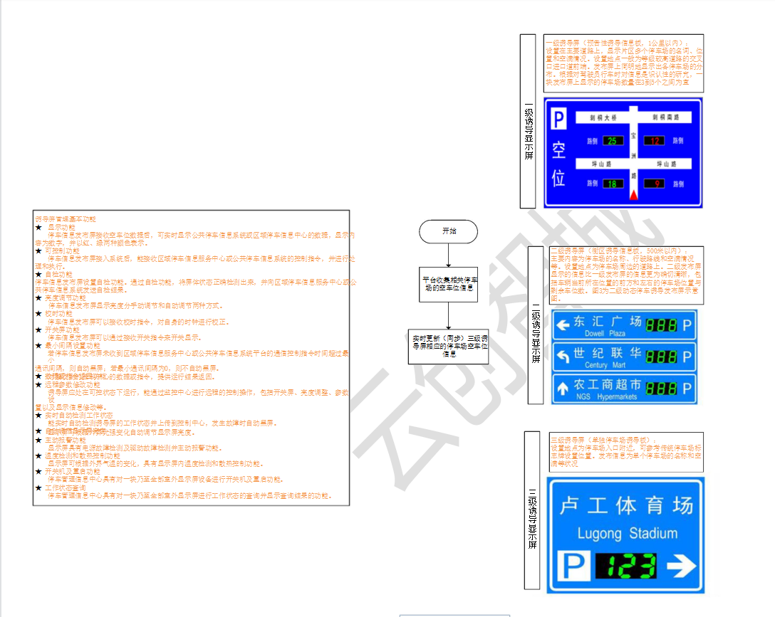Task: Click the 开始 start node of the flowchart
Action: (448, 231)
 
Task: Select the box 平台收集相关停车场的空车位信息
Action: (449, 284)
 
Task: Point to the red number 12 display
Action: (654, 141)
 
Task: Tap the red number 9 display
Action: (654, 184)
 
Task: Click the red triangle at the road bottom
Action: (633, 194)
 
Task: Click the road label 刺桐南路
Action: (665, 117)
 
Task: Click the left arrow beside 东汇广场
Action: (563, 325)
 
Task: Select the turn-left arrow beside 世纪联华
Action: (563, 356)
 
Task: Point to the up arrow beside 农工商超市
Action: (563, 389)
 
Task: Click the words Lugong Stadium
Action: (627, 533)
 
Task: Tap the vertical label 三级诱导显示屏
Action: (531, 510)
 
